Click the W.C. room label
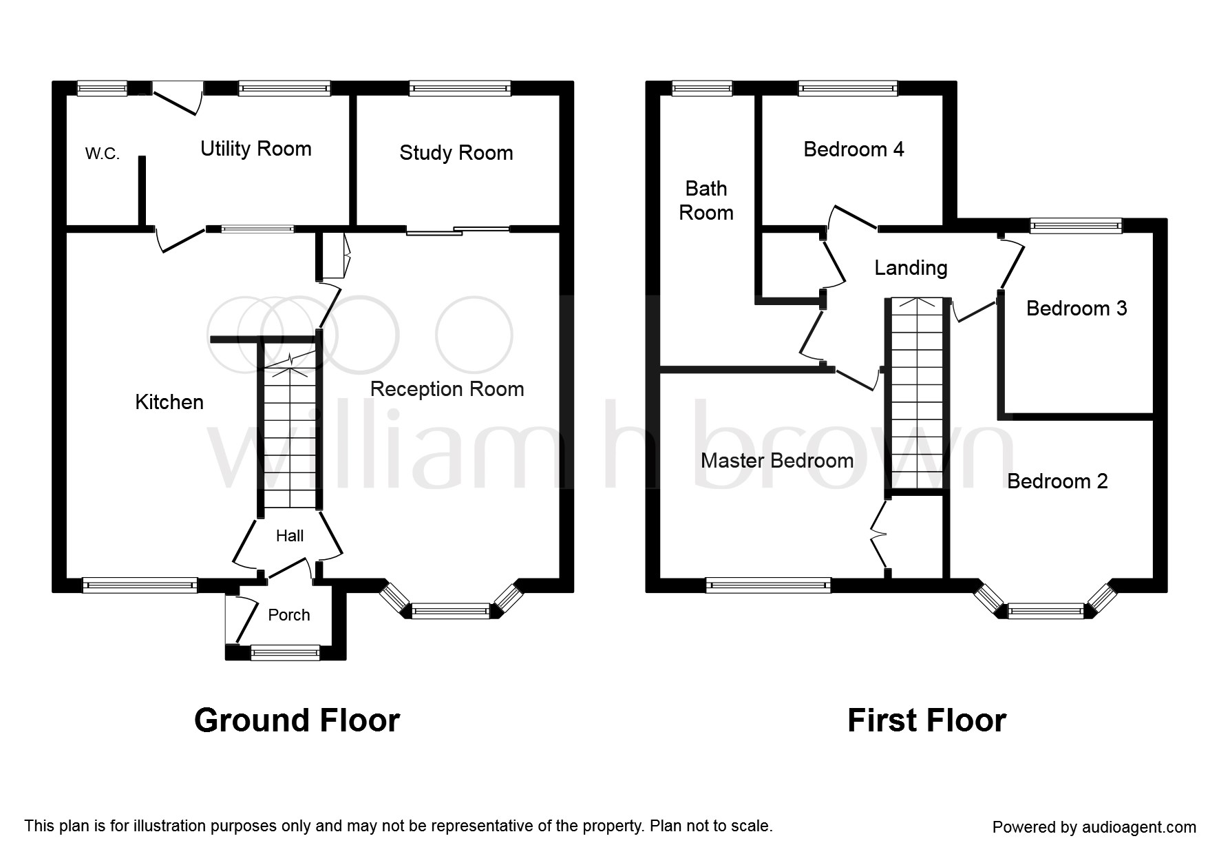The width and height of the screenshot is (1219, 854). pos(103,154)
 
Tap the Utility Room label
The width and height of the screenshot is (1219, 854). pos(256,149)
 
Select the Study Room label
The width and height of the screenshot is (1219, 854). pos(456,153)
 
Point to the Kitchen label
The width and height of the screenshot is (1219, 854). pos(169,402)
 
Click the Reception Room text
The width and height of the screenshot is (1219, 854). pos(447,389)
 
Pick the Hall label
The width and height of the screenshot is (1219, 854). pos(290,536)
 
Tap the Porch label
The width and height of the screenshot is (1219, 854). pos(289,615)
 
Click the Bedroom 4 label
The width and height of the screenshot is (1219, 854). pos(854,149)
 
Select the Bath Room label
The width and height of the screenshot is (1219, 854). pos(706,200)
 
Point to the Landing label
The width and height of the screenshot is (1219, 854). pos(911,268)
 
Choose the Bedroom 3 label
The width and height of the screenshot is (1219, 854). pos(1077,308)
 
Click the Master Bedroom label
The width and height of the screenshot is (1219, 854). pos(777,461)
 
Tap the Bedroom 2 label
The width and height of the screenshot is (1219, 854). pos(1057,481)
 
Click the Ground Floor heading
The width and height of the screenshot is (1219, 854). pos(297,720)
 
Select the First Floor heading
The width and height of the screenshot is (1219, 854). pos(926,720)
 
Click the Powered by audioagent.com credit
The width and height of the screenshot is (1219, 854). pos(1094,827)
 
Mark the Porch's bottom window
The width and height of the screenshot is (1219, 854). pos(286,652)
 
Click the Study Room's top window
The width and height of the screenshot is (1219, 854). pos(460,88)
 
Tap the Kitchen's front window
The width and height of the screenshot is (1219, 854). pos(140,585)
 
